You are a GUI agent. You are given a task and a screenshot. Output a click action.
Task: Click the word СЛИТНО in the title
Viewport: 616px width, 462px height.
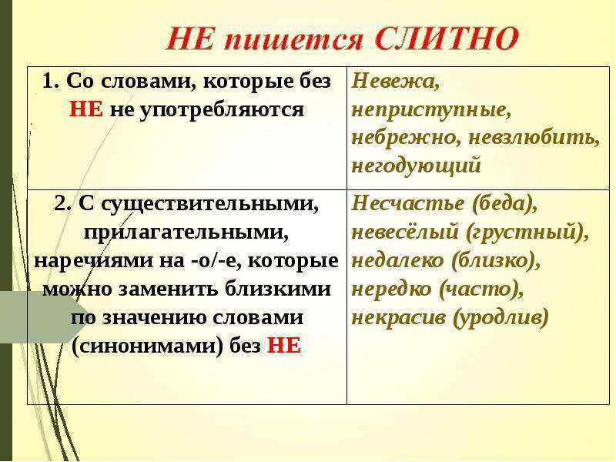pyautogui.click(x=447, y=38)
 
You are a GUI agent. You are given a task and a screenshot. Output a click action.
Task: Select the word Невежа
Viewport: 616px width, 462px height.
pyautogui.click(x=396, y=82)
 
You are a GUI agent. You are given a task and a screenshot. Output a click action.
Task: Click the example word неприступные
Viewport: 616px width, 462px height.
pyautogui.click(x=431, y=110)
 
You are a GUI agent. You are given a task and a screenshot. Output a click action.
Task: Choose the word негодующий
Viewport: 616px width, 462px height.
pyautogui.click(x=417, y=165)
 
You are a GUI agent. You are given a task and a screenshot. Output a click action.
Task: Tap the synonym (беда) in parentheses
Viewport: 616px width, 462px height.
pyautogui.click(x=504, y=204)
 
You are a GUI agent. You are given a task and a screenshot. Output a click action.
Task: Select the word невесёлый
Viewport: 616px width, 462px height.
pyautogui.click(x=405, y=232)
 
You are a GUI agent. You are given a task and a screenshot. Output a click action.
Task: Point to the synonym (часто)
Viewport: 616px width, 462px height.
pyautogui.click(x=480, y=290)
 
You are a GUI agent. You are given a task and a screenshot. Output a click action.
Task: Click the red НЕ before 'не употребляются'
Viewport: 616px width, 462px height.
pyautogui.click(x=86, y=109)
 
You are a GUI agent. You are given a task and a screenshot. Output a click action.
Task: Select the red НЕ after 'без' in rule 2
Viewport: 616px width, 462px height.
pyautogui.click(x=284, y=346)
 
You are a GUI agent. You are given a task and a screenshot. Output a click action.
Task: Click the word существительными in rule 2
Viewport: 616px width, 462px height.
pyautogui.click(x=199, y=204)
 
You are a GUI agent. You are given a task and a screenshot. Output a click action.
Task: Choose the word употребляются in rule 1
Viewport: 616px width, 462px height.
pyautogui.click(x=222, y=111)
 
